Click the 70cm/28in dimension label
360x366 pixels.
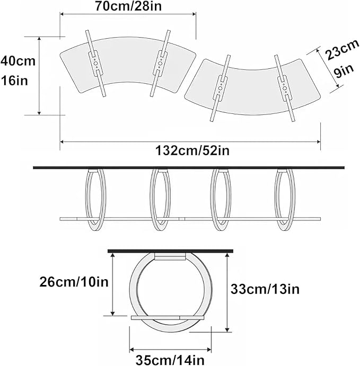click(128, 6)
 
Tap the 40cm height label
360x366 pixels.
click(18, 61)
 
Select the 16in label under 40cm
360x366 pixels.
click(15, 81)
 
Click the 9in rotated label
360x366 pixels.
click(343, 71)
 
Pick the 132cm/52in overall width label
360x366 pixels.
click(192, 150)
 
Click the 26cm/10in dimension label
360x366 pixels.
click(74, 282)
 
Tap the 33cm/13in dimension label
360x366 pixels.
click(265, 289)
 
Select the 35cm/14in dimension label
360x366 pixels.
click(170, 360)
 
